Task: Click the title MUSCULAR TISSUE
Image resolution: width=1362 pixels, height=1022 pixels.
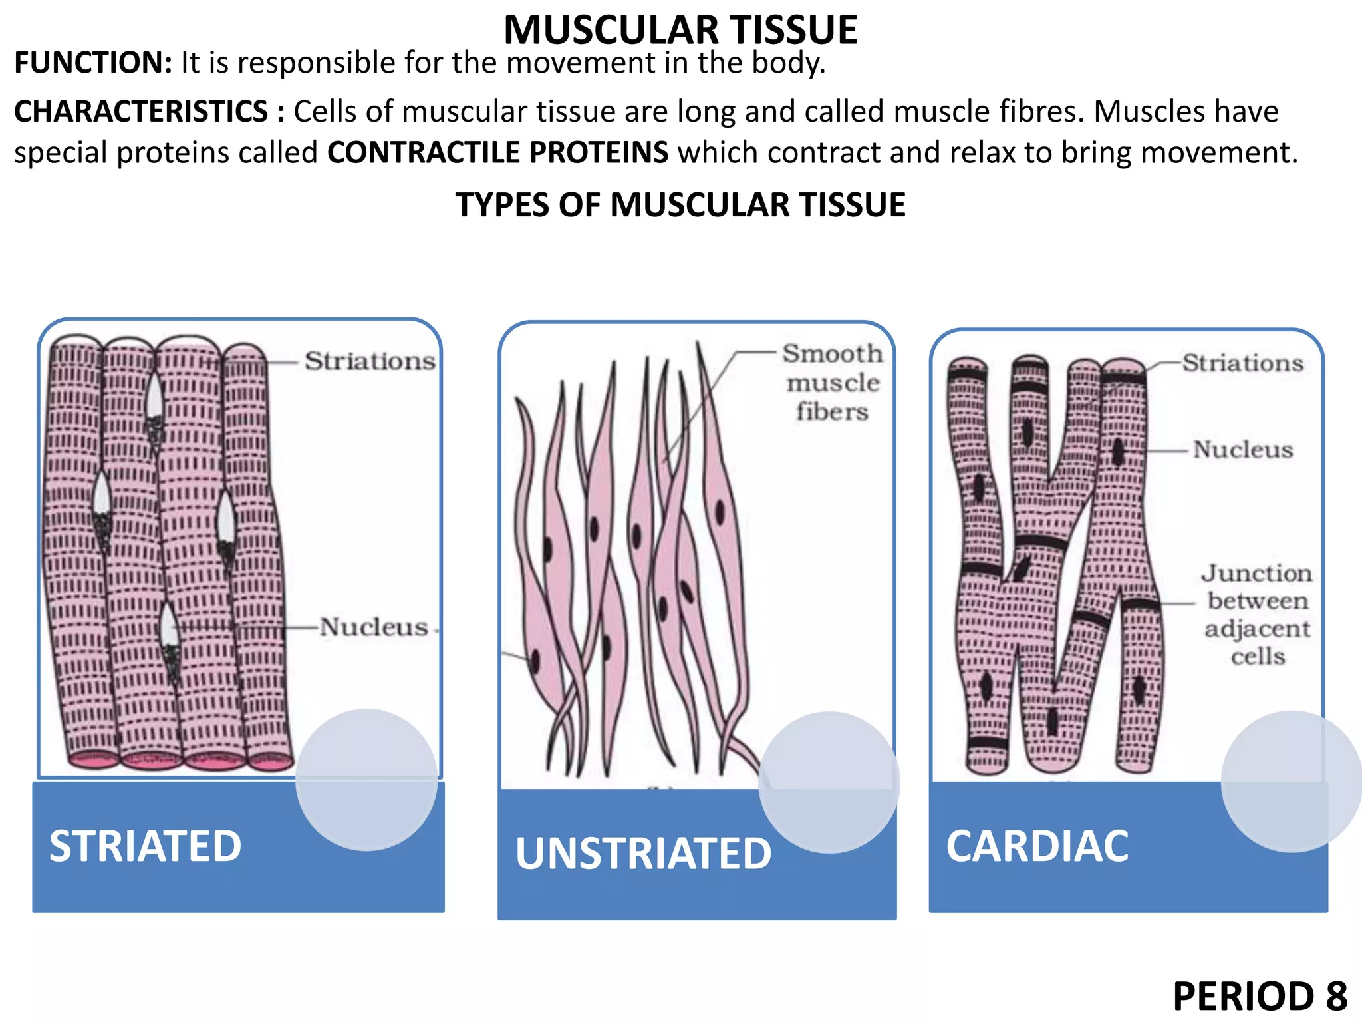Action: (x=680, y=29)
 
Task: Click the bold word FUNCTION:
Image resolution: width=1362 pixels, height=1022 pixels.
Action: (x=93, y=63)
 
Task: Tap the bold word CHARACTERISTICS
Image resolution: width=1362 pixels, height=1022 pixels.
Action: (x=141, y=112)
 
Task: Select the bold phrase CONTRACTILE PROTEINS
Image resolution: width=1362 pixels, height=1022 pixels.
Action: (x=497, y=152)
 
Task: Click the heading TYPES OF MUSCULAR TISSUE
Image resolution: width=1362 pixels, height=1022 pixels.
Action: (x=680, y=204)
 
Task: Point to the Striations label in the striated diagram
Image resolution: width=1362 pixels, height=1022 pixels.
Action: (x=370, y=361)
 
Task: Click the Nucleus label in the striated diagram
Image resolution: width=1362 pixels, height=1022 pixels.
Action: (x=373, y=627)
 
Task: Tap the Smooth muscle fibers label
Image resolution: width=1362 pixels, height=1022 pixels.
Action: (x=833, y=382)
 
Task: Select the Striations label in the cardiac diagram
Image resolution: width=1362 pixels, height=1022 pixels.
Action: (x=1242, y=363)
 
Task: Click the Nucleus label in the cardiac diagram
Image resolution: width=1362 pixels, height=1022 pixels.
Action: (x=1242, y=450)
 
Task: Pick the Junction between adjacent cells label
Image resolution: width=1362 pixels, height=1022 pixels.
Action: (x=1257, y=615)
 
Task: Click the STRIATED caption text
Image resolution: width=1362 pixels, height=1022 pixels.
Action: (x=146, y=846)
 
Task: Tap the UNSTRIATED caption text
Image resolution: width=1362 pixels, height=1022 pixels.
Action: (x=643, y=854)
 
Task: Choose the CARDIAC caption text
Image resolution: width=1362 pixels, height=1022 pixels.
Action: (x=1037, y=846)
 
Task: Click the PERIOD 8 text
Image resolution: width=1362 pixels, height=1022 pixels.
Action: (x=1260, y=996)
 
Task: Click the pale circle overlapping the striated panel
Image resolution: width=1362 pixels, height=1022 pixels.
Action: (x=366, y=780)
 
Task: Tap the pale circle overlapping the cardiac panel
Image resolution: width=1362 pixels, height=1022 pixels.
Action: (x=1292, y=781)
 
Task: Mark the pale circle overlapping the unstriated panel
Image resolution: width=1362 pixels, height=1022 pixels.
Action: (x=829, y=782)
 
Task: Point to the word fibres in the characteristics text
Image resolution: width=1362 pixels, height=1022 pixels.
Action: (x=1041, y=112)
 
